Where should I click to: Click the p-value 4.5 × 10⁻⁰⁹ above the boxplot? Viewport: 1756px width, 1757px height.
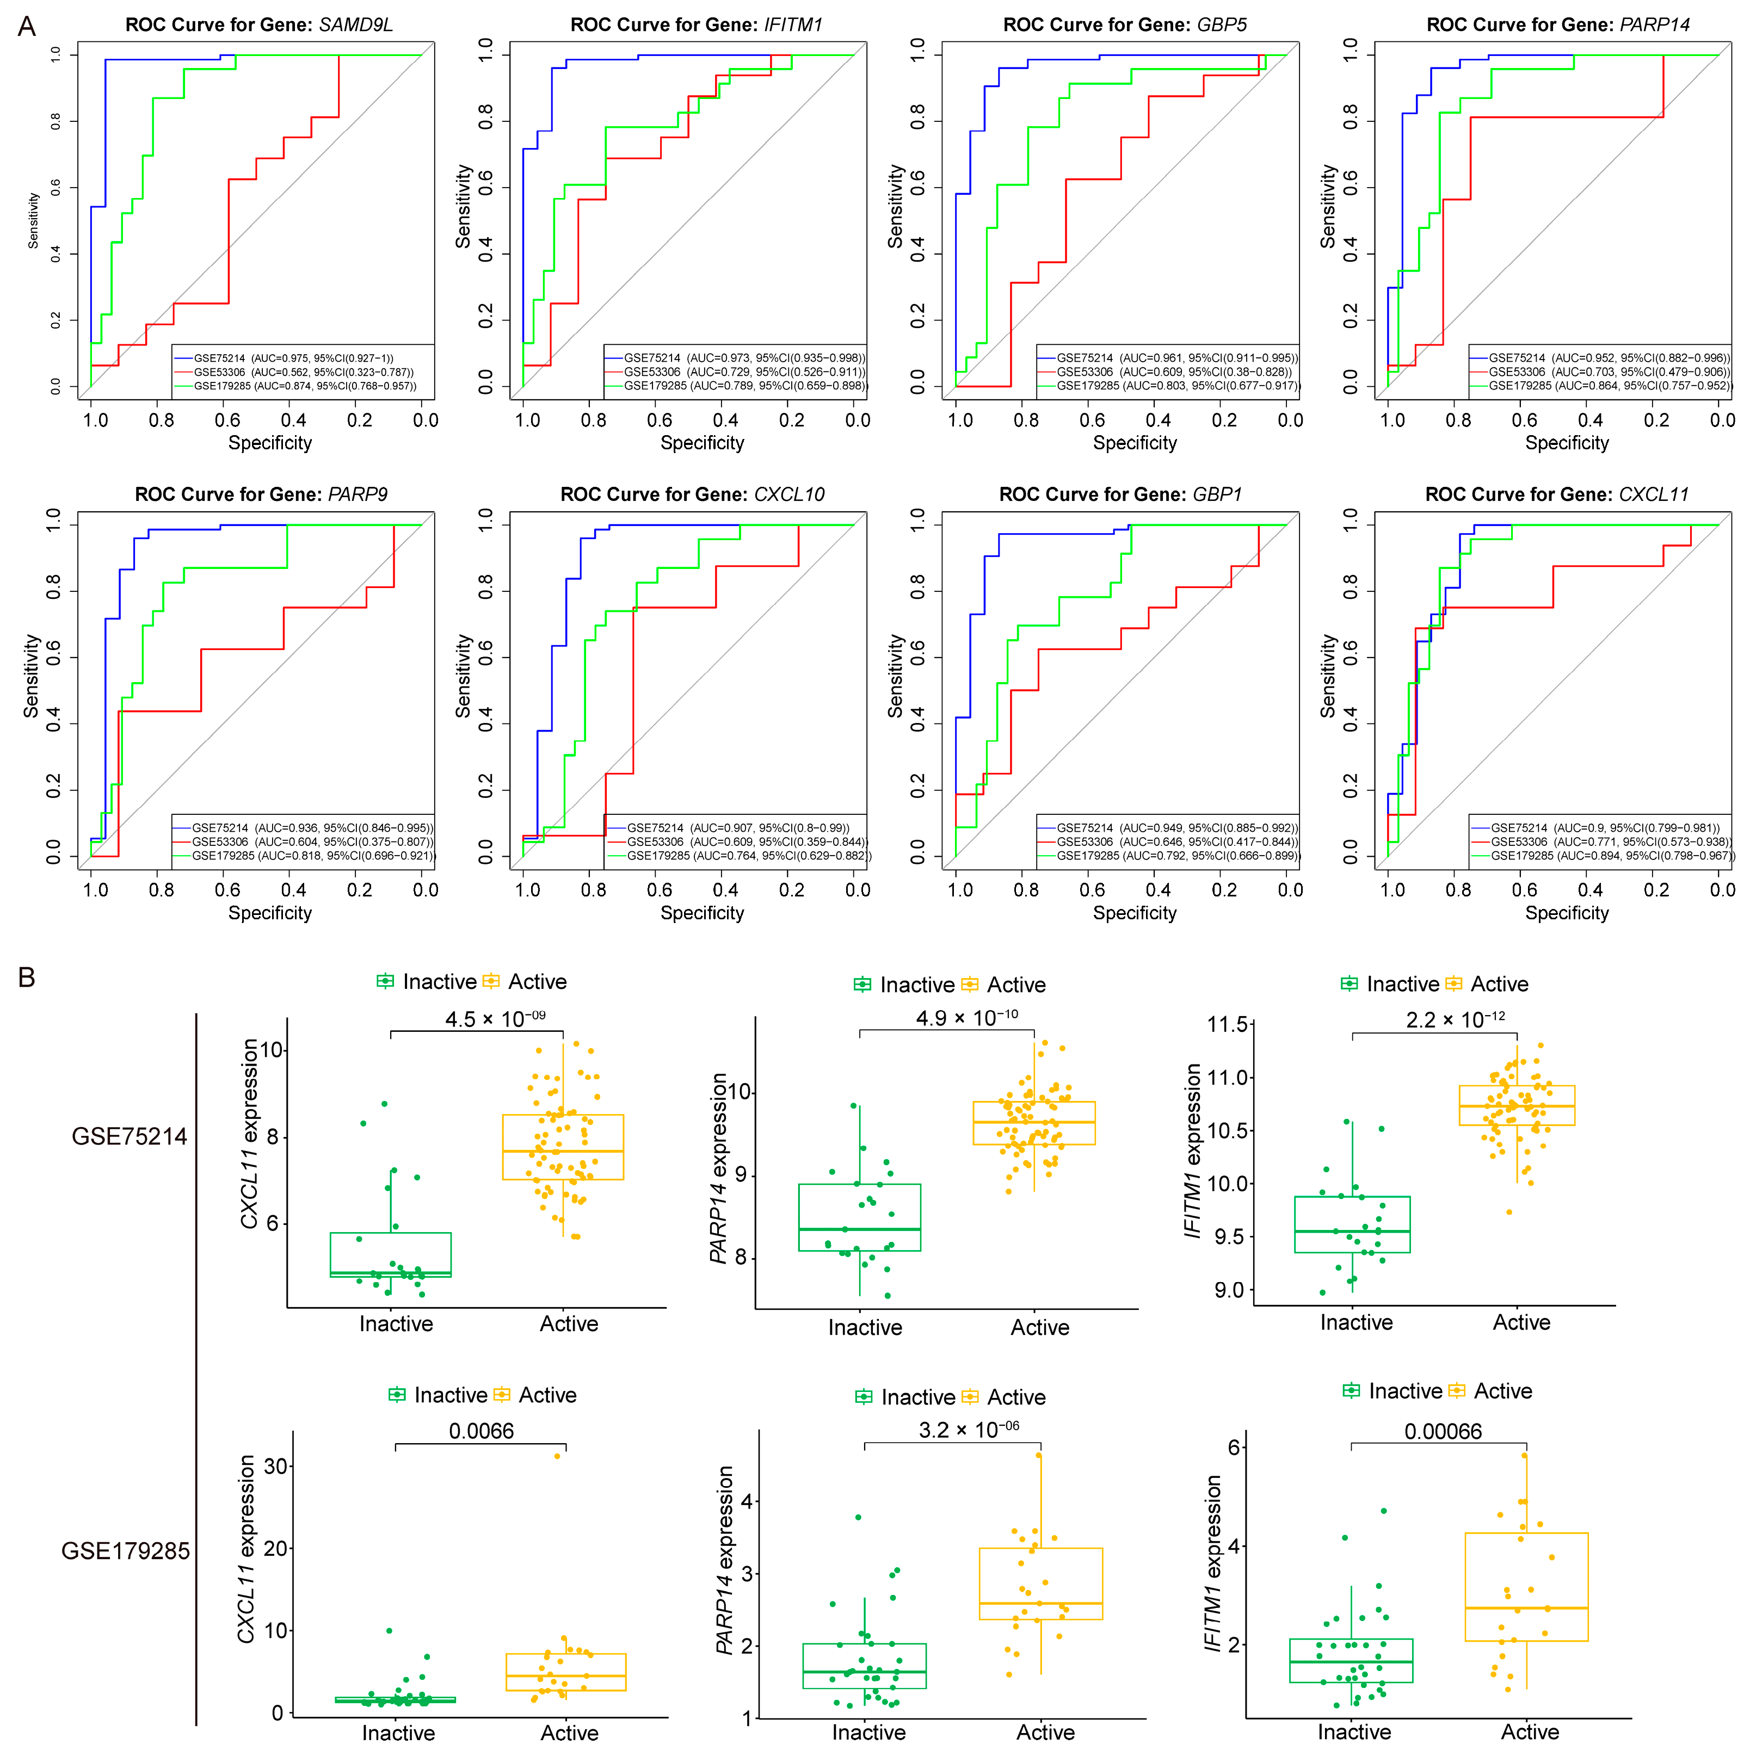coord(495,1018)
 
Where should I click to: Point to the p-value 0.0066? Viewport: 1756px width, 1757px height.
coord(481,1431)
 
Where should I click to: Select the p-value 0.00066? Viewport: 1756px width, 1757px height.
coord(1443,1431)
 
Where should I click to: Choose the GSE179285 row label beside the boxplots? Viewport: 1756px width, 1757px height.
coord(126,1550)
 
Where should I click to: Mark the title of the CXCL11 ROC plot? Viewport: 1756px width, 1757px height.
coord(1557,494)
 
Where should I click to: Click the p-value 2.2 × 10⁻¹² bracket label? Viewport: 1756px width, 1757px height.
coord(1455,1019)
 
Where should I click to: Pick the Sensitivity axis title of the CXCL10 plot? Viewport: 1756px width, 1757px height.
coord(463,676)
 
